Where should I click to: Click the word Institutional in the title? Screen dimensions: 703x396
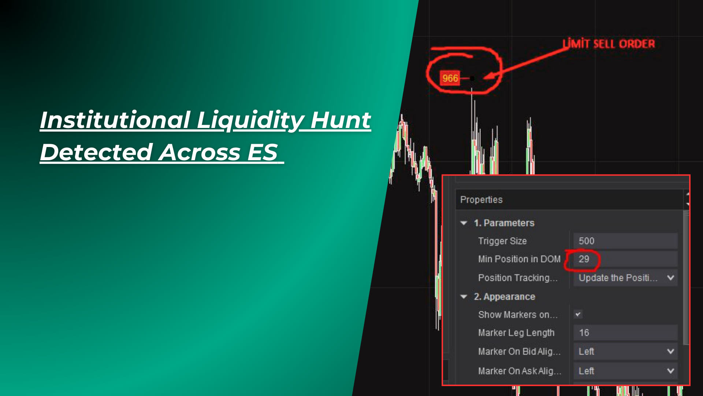click(x=115, y=120)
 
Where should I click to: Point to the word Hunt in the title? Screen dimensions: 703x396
click(x=341, y=120)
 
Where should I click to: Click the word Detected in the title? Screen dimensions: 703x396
click(x=96, y=152)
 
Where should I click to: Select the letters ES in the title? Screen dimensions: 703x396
click(x=263, y=152)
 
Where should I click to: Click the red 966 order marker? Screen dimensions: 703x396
click(x=450, y=78)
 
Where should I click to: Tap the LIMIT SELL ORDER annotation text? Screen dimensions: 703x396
click(x=609, y=44)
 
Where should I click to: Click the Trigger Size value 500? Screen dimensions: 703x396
click(x=586, y=241)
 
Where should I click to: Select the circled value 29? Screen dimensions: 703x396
click(x=584, y=259)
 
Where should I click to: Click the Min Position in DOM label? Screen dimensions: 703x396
click(x=519, y=259)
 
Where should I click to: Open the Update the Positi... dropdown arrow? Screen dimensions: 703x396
click(x=670, y=278)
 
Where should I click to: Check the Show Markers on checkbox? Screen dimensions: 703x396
click(x=578, y=314)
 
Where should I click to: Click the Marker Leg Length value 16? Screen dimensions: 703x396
click(x=584, y=333)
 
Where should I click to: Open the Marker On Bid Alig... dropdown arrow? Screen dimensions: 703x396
click(x=670, y=351)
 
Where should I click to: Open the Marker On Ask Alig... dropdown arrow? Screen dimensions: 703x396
click(x=670, y=371)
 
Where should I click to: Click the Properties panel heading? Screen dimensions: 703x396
click(x=481, y=199)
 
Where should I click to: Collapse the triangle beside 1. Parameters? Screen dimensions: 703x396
click(x=464, y=223)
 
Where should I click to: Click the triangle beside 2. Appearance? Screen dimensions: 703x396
click(x=464, y=297)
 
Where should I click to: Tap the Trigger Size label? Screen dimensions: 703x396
click(x=502, y=241)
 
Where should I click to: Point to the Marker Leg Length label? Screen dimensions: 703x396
click(x=516, y=333)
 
